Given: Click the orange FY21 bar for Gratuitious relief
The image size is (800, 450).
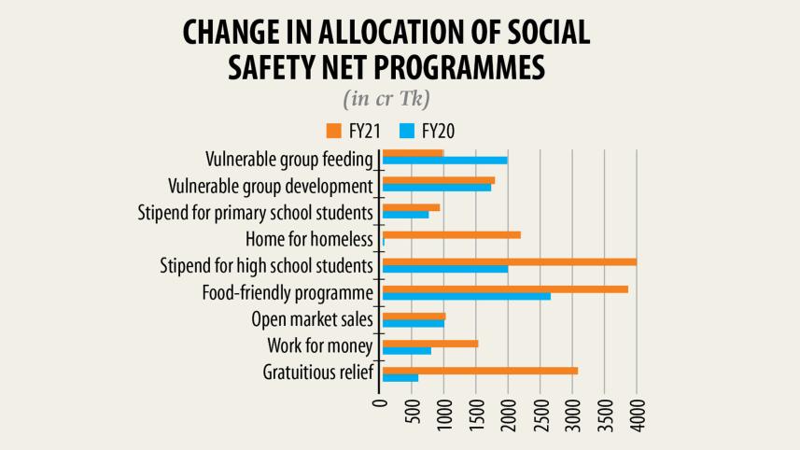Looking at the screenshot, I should pyautogui.click(x=480, y=371).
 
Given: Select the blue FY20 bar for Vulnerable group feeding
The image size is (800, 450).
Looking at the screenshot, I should pyautogui.click(x=445, y=161).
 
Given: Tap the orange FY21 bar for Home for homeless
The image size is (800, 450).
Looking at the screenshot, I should pyautogui.click(x=452, y=234).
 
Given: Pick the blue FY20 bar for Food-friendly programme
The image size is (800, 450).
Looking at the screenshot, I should pyautogui.click(x=467, y=296).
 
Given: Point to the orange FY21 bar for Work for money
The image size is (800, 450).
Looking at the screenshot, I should pyautogui.click(x=430, y=344).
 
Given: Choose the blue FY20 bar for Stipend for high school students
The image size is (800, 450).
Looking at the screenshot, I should pyautogui.click(x=445, y=269).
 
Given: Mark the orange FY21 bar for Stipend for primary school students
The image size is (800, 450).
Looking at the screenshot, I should pyautogui.click(x=411, y=207).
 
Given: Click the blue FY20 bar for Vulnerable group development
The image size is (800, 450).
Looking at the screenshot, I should pyautogui.click(x=437, y=188).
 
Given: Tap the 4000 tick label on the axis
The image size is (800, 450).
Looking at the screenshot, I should pyautogui.click(x=638, y=415).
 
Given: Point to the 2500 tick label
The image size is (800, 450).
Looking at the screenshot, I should pyautogui.click(x=541, y=415).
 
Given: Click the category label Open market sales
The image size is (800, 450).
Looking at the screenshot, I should pyautogui.click(x=313, y=319).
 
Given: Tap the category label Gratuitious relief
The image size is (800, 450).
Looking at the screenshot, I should pyautogui.click(x=318, y=373).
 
